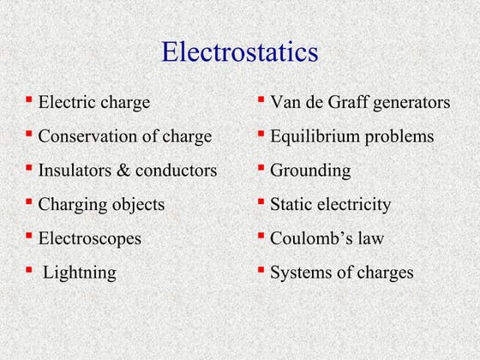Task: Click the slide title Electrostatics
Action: point(240,52)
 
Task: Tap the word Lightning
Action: point(80,273)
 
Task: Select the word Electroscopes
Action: point(90,239)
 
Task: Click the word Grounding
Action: point(310,171)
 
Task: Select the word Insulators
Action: point(72,171)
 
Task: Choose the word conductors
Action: point(175,171)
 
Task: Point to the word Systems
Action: point(301,273)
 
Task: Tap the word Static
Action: point(291,205)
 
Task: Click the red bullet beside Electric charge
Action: point(30,99)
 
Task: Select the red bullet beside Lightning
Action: point(30,271)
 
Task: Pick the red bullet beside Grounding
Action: point(261,168)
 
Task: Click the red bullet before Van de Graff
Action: point(261,99)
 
